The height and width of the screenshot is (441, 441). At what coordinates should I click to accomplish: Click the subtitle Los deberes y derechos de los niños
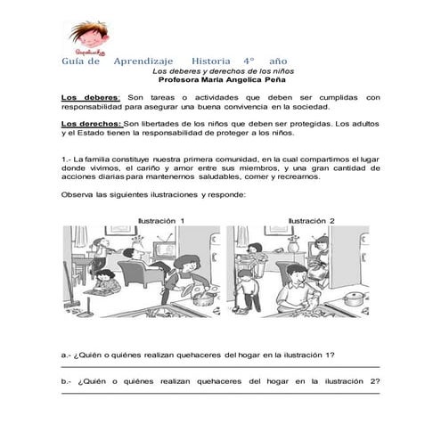pyautogui.click(x=224, y=69)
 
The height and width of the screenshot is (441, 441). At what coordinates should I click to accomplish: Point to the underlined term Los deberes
pyautogui.click(x=88, y=96)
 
